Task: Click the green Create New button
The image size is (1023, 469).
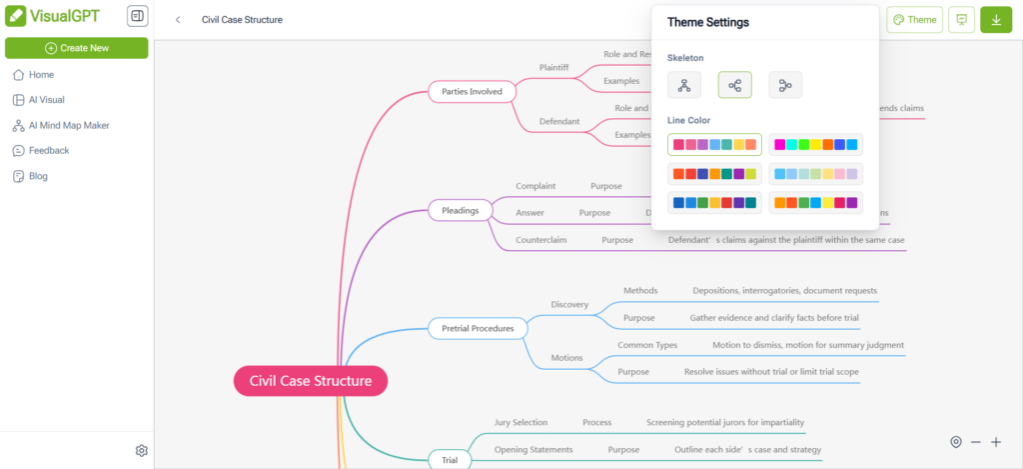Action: [76, 48]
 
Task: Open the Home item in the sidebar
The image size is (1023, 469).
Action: [41, 75]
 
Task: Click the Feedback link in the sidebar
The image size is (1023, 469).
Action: [48, 151]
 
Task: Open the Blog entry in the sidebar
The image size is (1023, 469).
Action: [38, 176]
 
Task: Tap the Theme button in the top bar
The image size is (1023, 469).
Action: [914, 20]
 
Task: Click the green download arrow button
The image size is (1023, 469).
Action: [996, 20]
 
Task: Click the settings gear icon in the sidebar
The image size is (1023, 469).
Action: [142, 451]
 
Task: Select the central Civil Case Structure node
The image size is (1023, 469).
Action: [311, 381]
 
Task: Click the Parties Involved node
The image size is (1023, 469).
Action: [472, 92]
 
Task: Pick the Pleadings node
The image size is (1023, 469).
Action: [461, 211]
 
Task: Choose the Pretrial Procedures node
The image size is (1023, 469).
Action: [478, 328]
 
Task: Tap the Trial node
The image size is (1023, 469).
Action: [450, 460]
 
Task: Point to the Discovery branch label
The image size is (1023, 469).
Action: [569, 304]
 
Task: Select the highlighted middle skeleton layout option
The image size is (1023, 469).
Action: [734, 86]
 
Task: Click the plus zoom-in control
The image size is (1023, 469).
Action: [996, 442]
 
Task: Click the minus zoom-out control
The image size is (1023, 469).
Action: [976, 442]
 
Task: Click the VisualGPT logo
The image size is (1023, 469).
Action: [58, 17]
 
